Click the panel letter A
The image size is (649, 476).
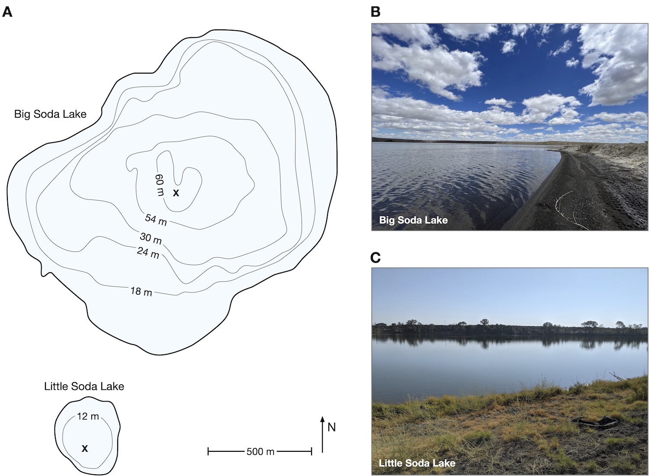(7, 12)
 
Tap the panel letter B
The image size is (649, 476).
(376, 12)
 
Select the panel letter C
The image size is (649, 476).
(376, 257)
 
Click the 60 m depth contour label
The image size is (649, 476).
(160, 185)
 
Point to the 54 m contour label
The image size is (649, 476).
(156, 220)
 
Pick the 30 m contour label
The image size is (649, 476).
(151, 238)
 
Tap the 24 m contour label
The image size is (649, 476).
(148, 252)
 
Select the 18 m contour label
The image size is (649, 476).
(141, 291)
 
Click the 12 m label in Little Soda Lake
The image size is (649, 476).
(88, 416)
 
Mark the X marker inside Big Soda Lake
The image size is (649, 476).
(176, 193)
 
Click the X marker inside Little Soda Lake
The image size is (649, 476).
(85, 448)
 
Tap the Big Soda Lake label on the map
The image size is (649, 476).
(51, 114)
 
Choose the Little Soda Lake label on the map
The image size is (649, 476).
(84, 386)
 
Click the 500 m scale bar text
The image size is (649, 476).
(260, 452)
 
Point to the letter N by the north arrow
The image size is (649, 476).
(332, 428)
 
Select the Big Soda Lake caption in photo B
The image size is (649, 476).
(414, 220)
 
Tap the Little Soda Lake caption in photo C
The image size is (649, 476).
(417, 463)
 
